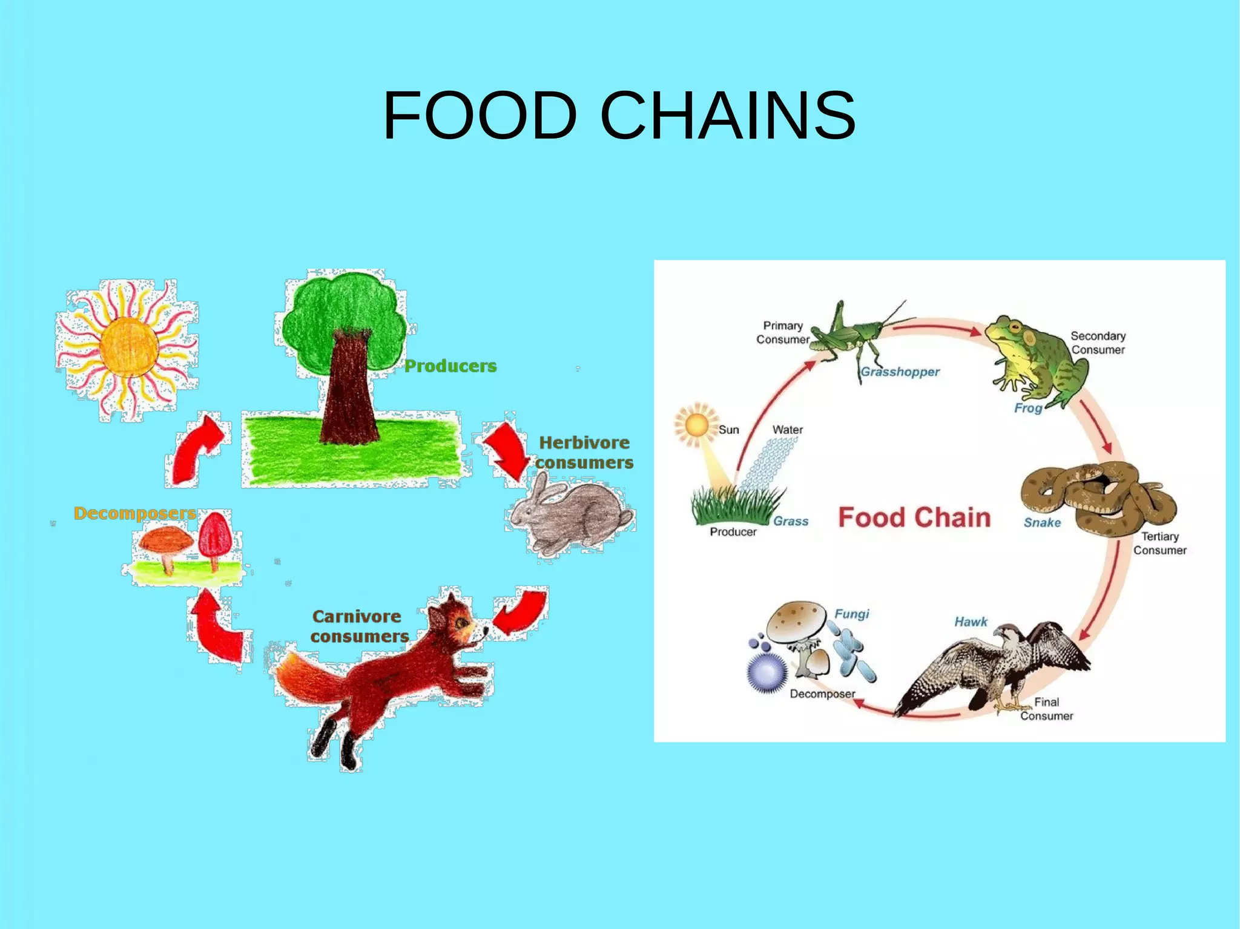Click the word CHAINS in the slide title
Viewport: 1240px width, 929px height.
(728, 115)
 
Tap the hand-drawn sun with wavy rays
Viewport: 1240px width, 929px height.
(128, 347)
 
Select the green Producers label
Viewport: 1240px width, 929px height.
(450, 366)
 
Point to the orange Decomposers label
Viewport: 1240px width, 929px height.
(134, 513)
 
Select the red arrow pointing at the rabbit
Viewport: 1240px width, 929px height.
(506, 451)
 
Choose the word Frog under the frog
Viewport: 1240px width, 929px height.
(1027, 408)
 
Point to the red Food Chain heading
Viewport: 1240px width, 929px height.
(914, 517)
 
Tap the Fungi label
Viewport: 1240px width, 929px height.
(851, 614)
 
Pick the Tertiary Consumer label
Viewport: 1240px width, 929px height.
(1159, 543)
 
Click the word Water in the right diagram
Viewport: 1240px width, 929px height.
(787, 430)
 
